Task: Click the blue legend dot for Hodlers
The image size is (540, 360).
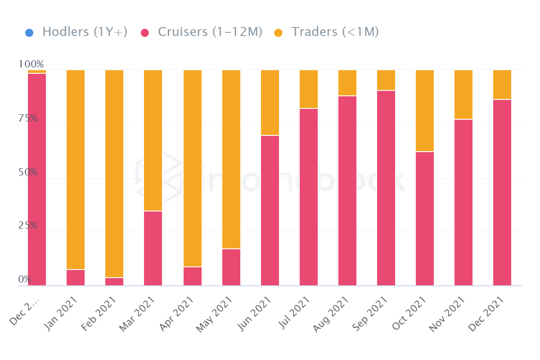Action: (29, 33)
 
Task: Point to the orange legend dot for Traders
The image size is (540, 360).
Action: (279, 33)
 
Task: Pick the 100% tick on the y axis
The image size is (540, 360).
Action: (31, 64)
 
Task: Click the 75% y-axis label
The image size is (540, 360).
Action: (28, 118)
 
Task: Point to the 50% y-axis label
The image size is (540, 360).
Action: (28, 172)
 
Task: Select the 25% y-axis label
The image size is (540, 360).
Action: (28, 226)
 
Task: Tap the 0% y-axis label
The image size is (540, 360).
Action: (25, 279)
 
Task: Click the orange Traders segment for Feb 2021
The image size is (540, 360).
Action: (114, 173)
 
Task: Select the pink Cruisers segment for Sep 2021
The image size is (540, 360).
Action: (386, 188)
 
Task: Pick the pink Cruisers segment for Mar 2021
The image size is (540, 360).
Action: (153, 248)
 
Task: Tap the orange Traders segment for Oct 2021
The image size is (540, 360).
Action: (425, 111)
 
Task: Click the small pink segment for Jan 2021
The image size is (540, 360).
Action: (76, 278)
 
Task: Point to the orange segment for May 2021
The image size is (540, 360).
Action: (231, 159)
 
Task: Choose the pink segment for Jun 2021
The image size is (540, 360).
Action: (270, 211)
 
